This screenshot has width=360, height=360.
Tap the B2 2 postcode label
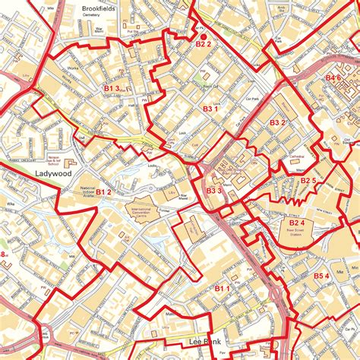coord(203,45)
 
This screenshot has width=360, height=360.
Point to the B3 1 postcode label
coord(210,109)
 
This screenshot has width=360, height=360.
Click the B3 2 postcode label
coord(277,122)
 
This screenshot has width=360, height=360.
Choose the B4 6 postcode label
coord(333,77)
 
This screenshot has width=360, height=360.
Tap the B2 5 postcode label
coord(308,180)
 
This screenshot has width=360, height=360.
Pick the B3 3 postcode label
coord(213,191)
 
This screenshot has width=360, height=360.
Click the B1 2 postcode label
coord(103,192)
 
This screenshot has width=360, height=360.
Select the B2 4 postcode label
coord(297,223)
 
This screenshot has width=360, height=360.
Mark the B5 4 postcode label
coord(321,275)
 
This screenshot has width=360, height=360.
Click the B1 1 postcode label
coord(222,289)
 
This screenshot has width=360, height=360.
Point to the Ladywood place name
coord(53,174)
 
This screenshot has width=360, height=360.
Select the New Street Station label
coord(297,233)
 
